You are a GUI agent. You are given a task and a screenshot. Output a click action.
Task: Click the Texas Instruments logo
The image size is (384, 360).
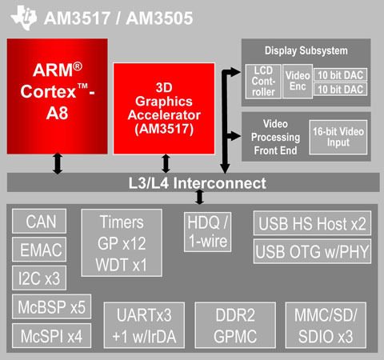tap(24, 18)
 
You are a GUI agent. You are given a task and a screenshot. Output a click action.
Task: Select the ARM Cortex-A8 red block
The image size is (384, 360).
tap(58, 96)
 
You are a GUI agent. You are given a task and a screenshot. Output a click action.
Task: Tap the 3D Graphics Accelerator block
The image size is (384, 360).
tap(164, 109)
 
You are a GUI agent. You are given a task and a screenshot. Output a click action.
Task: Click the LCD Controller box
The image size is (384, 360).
tap(263, 82)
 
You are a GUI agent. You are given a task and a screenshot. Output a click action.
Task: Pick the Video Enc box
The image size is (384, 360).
tap(298, 82)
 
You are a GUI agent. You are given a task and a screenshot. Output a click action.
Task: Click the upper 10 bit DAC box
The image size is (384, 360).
tap(340, 75)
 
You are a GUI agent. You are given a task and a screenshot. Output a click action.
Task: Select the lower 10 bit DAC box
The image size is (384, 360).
tap(340, 89)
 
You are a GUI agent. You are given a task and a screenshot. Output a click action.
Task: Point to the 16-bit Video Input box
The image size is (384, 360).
tap(338, 137)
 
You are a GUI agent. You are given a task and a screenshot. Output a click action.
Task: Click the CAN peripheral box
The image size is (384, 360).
tap(39, 221)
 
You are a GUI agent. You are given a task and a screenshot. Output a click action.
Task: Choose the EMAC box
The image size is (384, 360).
tap(39, 250)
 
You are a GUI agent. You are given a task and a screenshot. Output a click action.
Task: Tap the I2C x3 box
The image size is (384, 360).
tap(39, 278)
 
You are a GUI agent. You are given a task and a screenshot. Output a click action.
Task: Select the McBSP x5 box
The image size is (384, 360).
tap(51, 306)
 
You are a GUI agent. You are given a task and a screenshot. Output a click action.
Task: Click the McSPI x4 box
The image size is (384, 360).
tap(51, 336)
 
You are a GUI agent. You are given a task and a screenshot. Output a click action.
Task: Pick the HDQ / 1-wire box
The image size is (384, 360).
tap(207, 232)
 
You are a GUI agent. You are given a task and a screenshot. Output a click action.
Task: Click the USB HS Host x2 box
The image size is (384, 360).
tap(312, 223)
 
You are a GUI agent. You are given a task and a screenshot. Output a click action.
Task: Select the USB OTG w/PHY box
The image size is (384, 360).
tap(312, 251)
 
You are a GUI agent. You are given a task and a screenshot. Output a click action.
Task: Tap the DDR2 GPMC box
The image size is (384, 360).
tap(235, 325)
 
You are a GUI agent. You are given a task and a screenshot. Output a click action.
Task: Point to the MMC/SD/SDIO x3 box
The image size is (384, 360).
tap(326, 325)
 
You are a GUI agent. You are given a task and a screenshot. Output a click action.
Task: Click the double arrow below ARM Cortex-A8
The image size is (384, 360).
tap(58, 163)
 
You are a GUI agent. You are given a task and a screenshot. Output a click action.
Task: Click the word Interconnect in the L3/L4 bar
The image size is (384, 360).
tap(220, 183)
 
